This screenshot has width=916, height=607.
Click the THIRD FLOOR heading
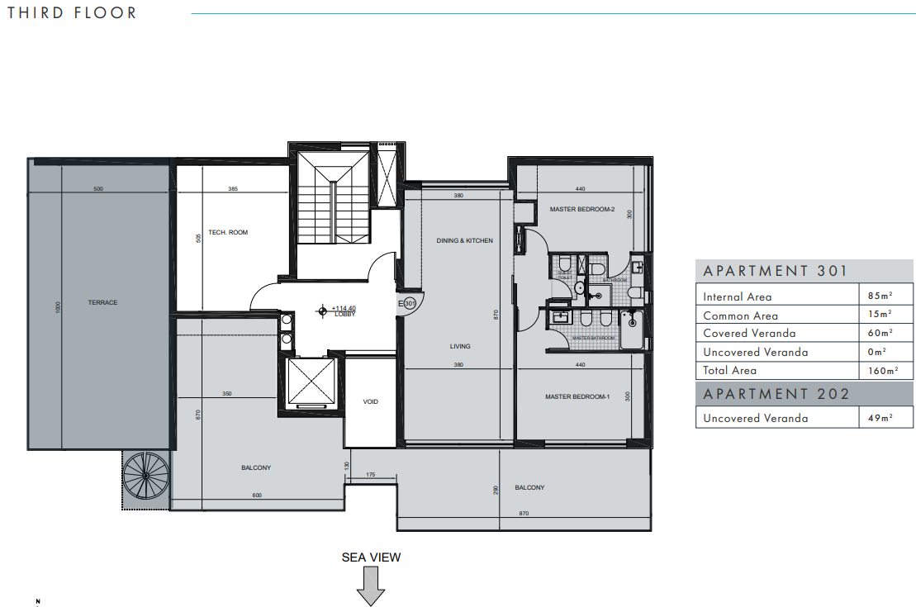coord(72,13)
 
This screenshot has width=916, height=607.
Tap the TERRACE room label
coord(102,302)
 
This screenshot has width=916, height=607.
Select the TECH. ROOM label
coord(227,233)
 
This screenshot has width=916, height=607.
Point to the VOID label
coord(370,401)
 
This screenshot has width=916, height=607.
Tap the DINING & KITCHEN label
coord(464,241)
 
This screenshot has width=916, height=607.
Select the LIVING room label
coord(460,347)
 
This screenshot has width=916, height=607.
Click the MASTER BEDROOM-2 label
coord(582,210)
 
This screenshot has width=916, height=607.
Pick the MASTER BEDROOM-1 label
coord(577,397)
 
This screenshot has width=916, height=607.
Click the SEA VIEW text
coord(371,557)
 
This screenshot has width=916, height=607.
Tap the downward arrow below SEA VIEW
coord(371,589)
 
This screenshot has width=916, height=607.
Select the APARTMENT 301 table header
coord(775,271)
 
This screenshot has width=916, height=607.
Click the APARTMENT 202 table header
coord(776,394)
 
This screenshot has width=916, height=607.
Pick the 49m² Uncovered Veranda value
coord(879,419)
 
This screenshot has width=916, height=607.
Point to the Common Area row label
coord(740,315)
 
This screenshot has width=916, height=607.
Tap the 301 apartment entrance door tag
coord(409,303)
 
